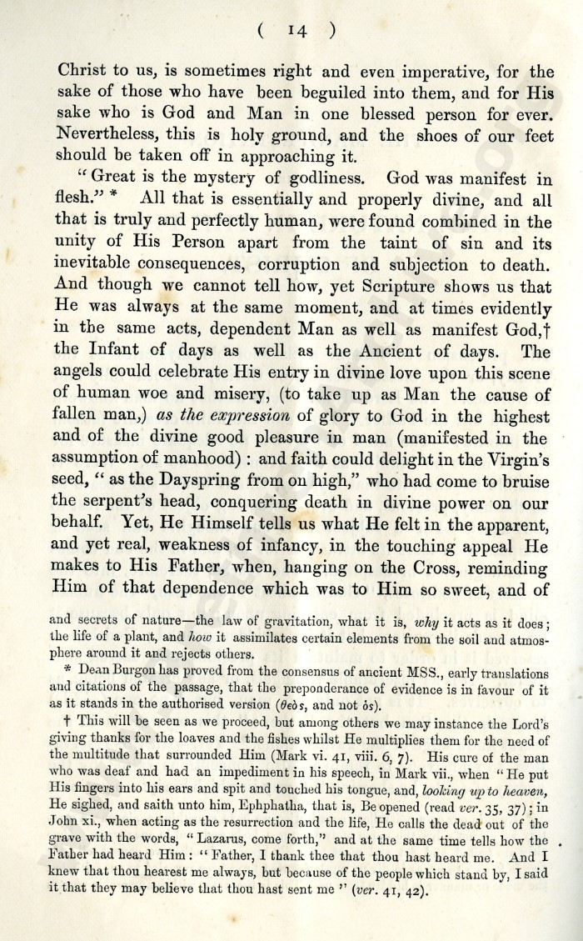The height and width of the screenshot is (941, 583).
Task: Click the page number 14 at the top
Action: [x=296, y=30]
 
